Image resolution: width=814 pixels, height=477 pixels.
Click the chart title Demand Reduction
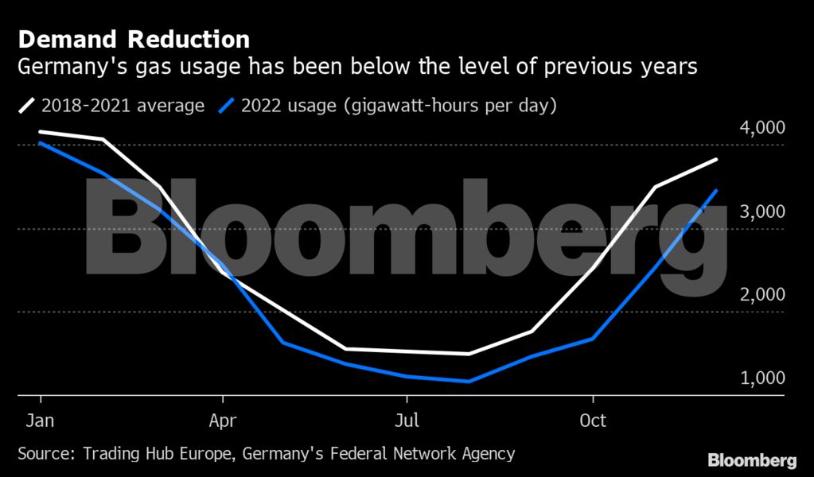tap(134, 39)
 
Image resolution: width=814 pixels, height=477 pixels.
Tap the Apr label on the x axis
tap(223, 420)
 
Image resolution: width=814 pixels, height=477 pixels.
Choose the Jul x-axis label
tap(407, 420)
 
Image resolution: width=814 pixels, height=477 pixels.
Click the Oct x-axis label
tap(594, 420)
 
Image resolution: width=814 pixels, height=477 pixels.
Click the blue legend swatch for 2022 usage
tap(228, 106)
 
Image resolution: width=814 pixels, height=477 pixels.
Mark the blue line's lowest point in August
tap(469, 382)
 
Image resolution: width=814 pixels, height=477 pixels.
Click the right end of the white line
tap(717, 160)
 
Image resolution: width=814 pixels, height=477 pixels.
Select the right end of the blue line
tap(717, 190)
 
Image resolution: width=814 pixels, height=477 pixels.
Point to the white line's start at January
tap(41, 132)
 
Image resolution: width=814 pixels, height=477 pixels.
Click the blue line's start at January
tap(41, 143)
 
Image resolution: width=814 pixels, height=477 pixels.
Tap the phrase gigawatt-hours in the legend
tap(414, 106)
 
